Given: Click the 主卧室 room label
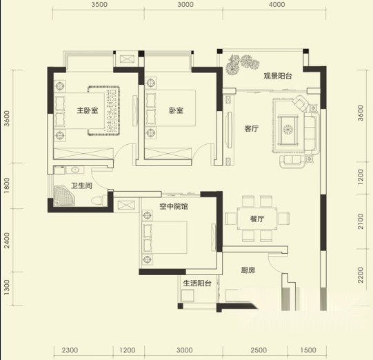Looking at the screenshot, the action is click(x=88, y=110).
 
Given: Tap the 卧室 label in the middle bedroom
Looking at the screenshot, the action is click(x=177, y=110).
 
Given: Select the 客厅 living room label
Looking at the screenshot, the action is click(x=252, y=129).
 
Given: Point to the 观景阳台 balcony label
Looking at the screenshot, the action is click(x=278, y=76).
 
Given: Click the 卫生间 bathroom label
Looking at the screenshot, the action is click(x=82, y=186).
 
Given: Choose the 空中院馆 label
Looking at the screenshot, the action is click(x=174, y=206).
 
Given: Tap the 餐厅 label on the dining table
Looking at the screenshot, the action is click(x=257, y=219).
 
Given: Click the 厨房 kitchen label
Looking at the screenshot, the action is click(x=248, y=270).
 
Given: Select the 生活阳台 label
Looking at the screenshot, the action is click(x=197, y=283).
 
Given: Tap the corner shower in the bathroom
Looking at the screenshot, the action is click(x=65, y=196).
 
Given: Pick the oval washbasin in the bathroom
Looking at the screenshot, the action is click(x=75, y=170).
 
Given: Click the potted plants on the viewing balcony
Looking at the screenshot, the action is click(x=242, y=64).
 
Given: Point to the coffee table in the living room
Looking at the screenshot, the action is click(x=288, y=130).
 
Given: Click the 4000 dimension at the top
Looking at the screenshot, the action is click(x=277, y=5).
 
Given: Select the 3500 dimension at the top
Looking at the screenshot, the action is click(x=99, y=5).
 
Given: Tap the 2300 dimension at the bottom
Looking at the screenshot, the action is click(x=70, y=350).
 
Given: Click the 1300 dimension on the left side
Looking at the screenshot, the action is click(x=7, y=288).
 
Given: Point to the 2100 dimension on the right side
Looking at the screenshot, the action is click(x=361, y=221).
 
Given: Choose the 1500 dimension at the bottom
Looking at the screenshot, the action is click(x=308, y=350).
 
